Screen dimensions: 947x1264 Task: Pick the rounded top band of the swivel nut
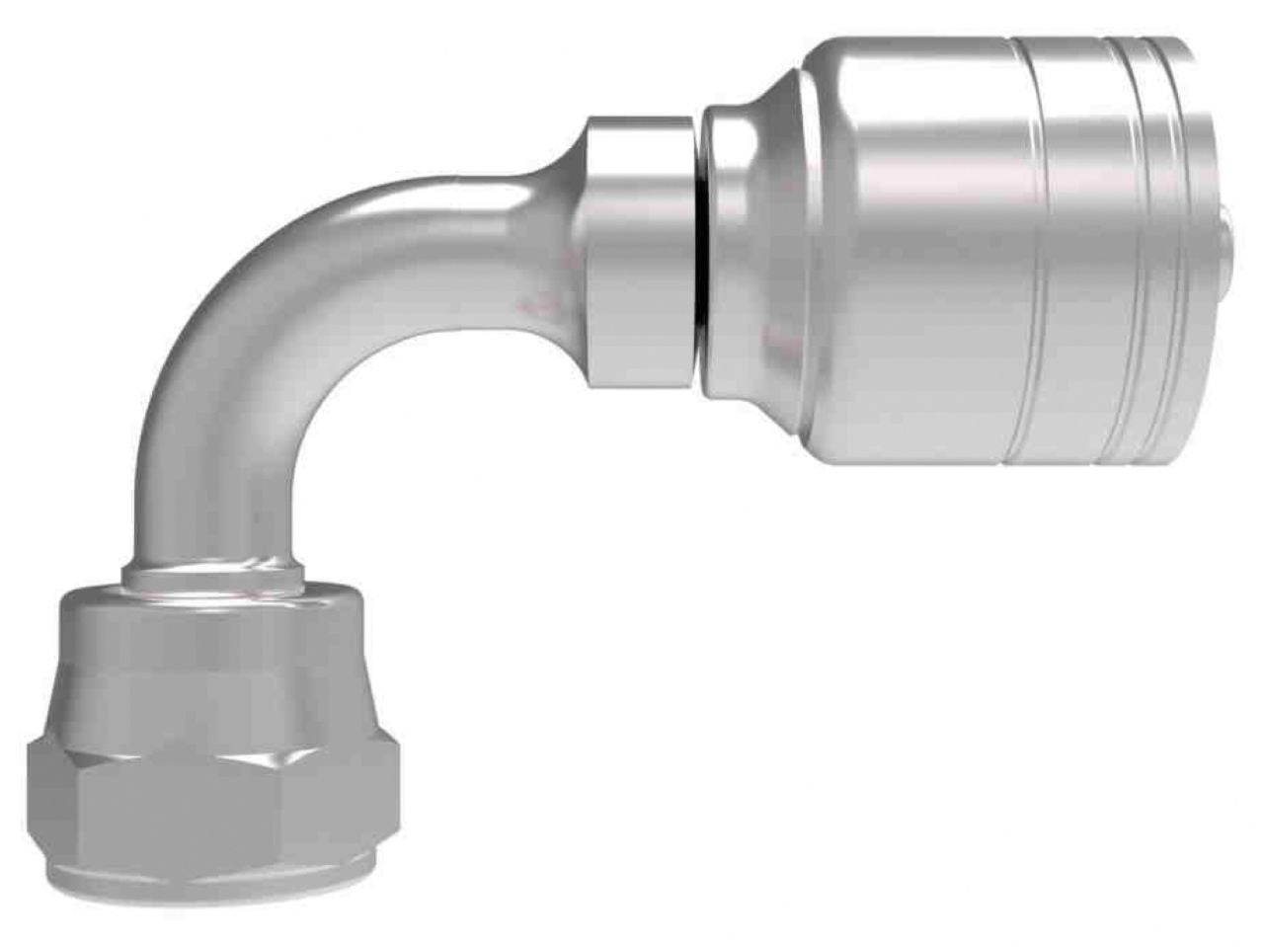[212, 617]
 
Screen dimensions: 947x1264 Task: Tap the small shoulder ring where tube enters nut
[212, 575]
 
